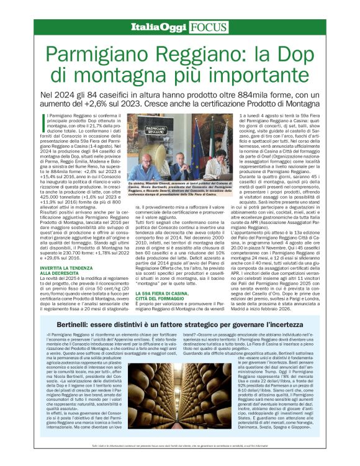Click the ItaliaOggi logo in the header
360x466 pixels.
pyautogui.click(x=154, y=27)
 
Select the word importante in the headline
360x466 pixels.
pyautogui.click(x=248, y=74)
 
